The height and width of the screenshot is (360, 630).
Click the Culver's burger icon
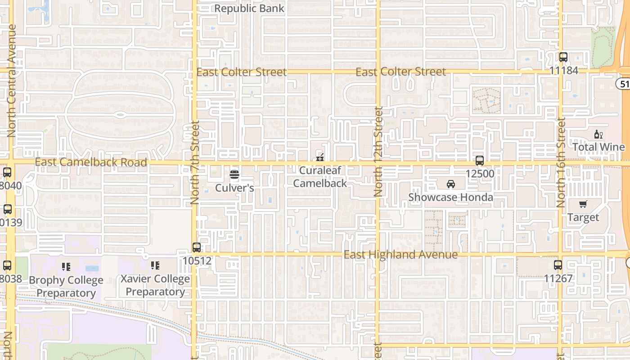(234, 174)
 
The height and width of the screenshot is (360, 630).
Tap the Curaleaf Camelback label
(320, 177)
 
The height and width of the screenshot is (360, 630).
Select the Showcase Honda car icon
(450, 184)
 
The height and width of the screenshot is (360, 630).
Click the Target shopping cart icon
(583, 204)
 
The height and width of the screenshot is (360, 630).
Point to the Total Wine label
(598, 147)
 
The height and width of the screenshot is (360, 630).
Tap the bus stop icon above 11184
(563, 57)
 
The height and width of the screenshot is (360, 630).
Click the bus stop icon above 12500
(480, 161)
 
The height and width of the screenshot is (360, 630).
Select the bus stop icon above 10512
(197, 247)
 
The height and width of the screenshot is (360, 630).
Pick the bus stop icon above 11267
(558, 265)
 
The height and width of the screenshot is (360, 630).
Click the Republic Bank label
(249, 8)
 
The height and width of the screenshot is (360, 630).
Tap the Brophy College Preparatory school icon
(66, 267)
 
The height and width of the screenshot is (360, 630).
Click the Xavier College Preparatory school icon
(155, 265)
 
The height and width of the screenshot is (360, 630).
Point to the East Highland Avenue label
(400, 255)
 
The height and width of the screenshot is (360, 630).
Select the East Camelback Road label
(91, 162)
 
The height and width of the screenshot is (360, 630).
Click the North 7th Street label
(195, 162)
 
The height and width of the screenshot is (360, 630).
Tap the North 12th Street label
(378, 152)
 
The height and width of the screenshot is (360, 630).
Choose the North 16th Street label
(561, 162)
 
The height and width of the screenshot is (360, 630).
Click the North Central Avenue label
(12, 81)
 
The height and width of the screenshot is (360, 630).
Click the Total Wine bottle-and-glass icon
(598, 135)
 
